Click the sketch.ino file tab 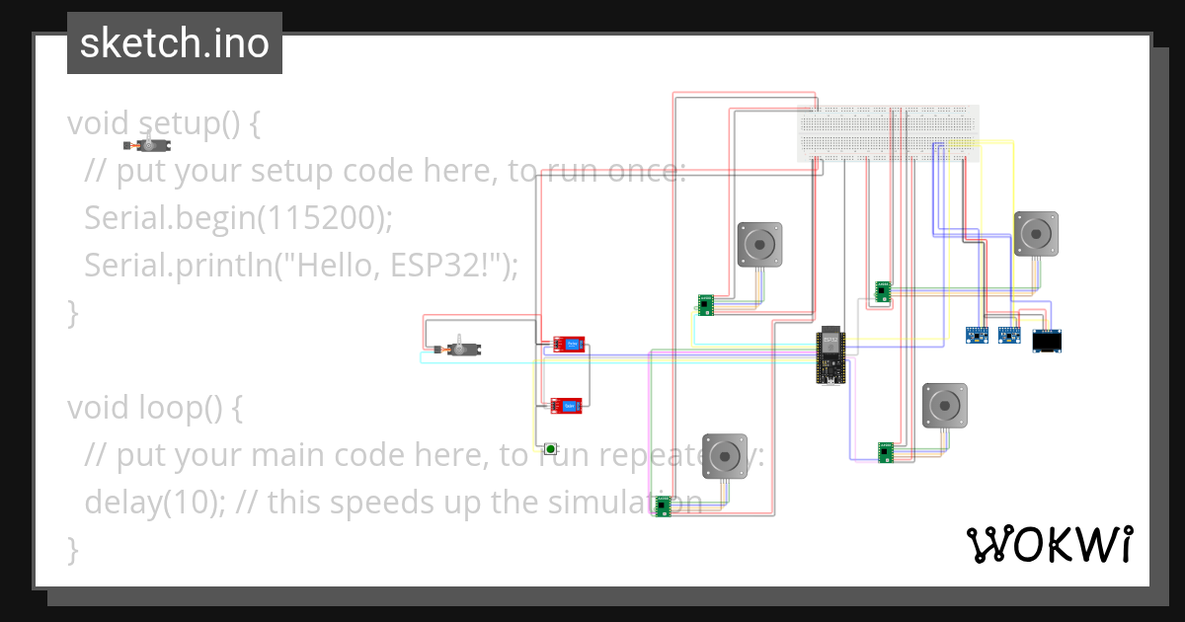[x=175, y=43]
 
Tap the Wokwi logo [x=1048, y=544]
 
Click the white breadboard [x=888, y=133]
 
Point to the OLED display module [x=1048, y=342]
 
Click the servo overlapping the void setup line [x=149, y=144]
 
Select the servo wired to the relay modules [x=457, y=349]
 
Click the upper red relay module [x=568, y=344]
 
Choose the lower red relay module [x=567, y=405]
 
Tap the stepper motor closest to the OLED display [x=1036, y=234]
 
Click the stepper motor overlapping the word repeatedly [x=724, y=455]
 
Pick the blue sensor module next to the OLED [x=1008, y=336]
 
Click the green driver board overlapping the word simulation [x=664, y=506]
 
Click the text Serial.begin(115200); [x=239, y=217]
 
